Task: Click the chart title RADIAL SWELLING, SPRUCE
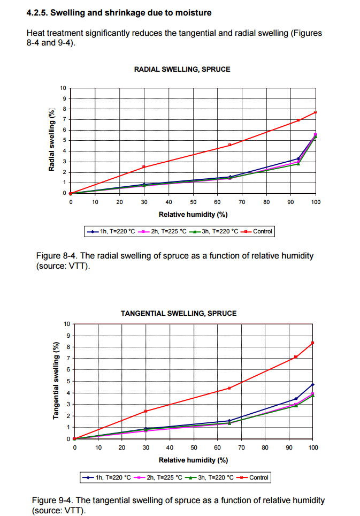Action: pos(182,70)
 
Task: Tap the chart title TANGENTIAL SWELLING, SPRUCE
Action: pos(179,313)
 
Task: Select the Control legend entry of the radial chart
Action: pos(257,231)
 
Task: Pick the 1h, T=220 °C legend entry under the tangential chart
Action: pos(107,477)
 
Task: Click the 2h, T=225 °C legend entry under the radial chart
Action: pos(162,231)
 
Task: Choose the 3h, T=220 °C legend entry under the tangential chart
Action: pos(210,477)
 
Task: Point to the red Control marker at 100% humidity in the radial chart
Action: pos(315,112)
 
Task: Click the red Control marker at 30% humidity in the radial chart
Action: pos(144,167)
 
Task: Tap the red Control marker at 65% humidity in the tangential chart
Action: pos(229,388)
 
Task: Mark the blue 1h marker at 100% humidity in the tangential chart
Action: pos(312,384)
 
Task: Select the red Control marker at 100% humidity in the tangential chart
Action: pos(312,343)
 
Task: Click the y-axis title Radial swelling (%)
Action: pos(51,140)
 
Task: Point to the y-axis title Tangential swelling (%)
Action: pos(56,381)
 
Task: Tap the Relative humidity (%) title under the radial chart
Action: pos(193,215)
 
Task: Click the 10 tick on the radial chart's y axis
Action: pos(63,88)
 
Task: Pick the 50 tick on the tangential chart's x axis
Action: pos(194,447)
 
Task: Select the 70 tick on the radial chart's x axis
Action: pos(242,202)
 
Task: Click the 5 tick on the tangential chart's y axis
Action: pos(68,381)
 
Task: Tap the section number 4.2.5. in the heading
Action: pos(37,13)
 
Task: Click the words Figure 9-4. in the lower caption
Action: pos(52,500)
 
